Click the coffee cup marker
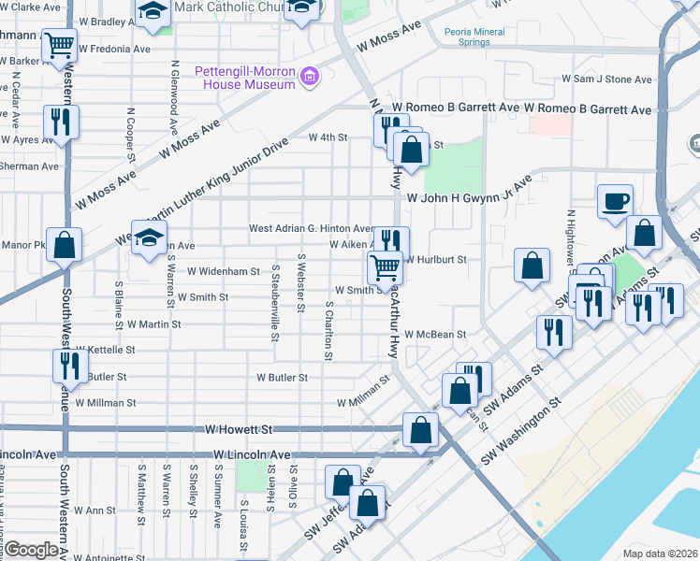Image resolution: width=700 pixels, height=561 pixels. pyautogui.click(x=615, y=202)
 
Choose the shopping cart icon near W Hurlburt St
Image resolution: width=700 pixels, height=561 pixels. pyautogui.click(x=385, y=267)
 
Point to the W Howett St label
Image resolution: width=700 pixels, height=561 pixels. pyautogui.click(x=240, y=429)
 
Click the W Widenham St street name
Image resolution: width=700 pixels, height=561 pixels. pyautogui.click(x=223, y=271)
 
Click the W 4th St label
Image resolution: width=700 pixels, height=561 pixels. pyautogui.click(x=328, y=137)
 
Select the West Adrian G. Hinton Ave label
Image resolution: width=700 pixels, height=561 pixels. pyautogui.click(x=311, y=229)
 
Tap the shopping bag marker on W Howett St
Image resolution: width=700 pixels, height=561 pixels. pyautogui.click(x=421, y=430)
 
